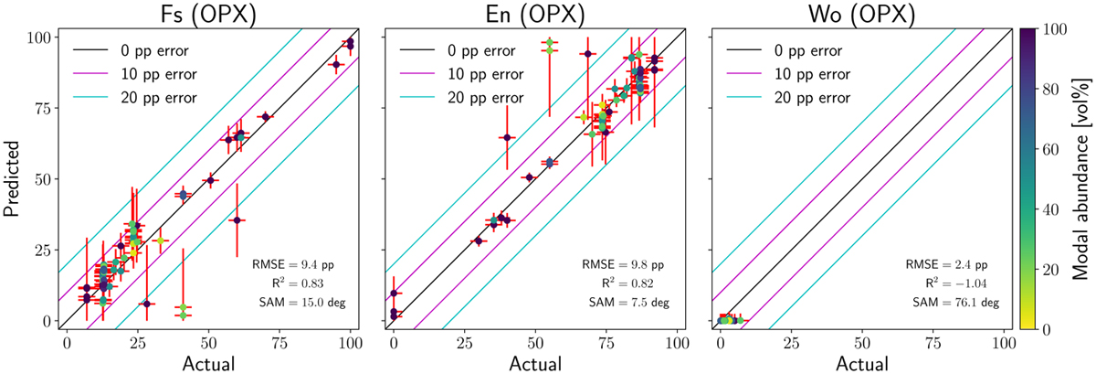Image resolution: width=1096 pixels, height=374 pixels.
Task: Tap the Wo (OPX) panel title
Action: [859, 13]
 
